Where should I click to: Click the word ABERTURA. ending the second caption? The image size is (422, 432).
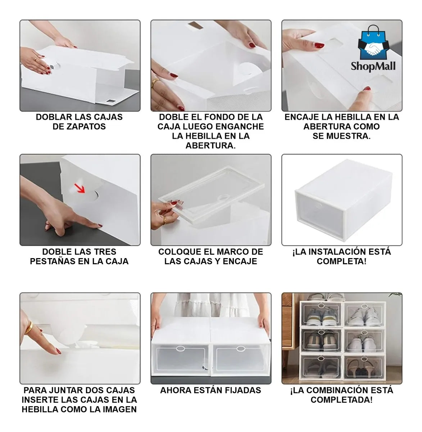tap(211, 145)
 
